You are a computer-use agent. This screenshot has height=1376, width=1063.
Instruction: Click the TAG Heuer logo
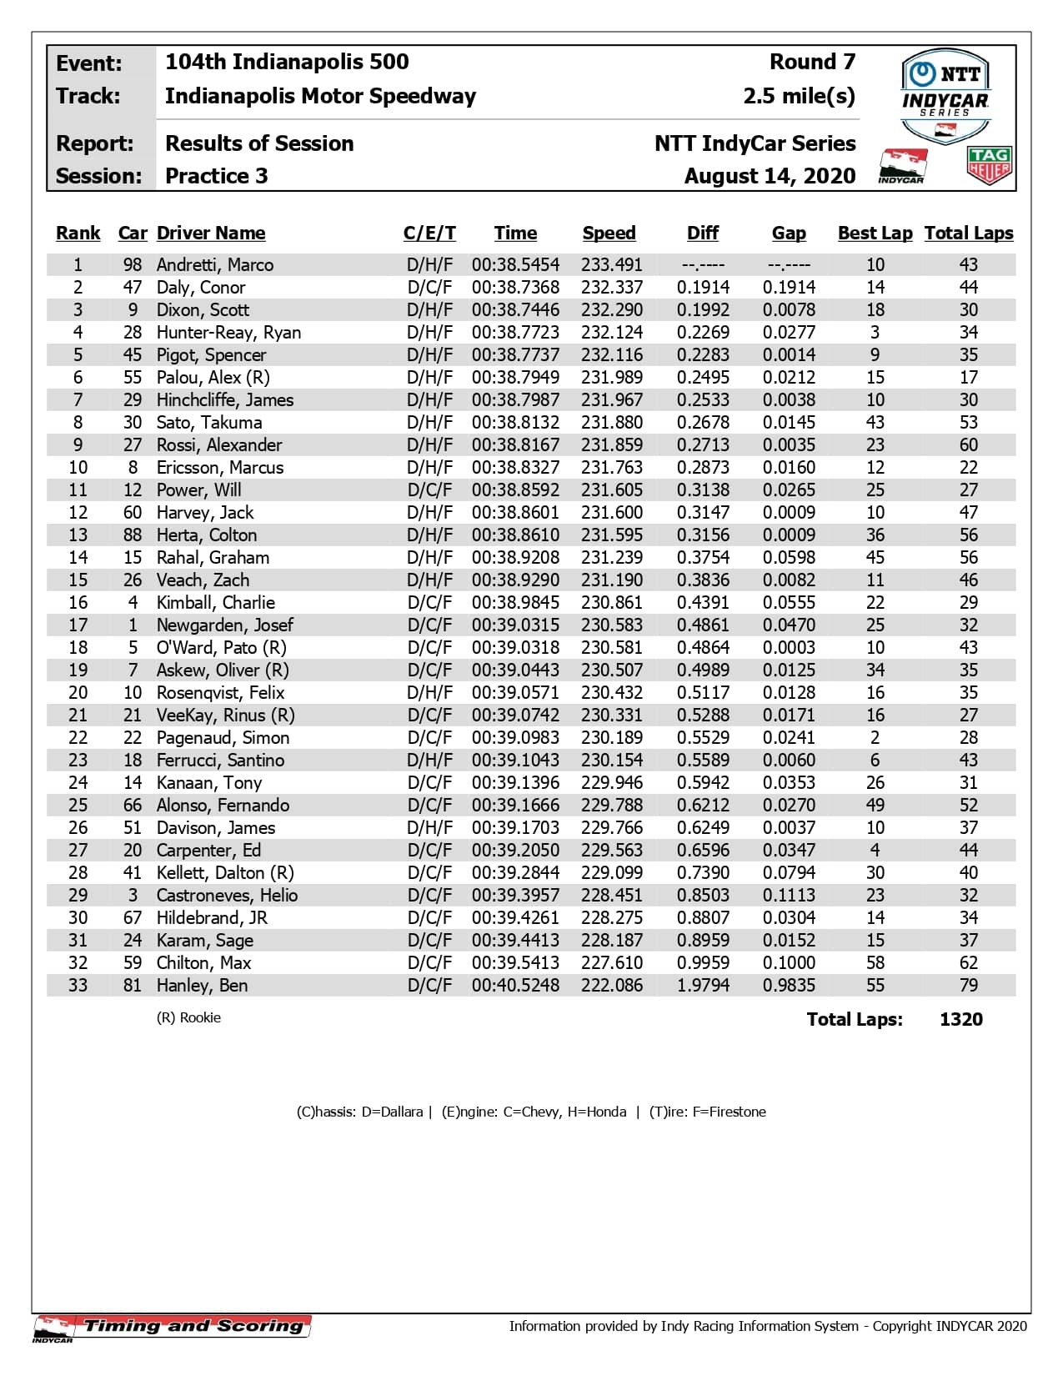click(x=989, y=165)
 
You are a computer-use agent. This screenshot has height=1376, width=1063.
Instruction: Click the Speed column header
click(x=609, y=234)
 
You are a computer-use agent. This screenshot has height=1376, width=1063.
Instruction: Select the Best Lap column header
click(x=875, y=234)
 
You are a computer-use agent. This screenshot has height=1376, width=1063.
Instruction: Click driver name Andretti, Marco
click(x=215, y=265)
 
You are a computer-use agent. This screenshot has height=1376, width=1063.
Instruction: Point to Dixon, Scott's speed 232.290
click(x=612, y=310)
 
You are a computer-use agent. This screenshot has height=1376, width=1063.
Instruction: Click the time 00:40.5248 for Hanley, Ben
click(x=515, y=986)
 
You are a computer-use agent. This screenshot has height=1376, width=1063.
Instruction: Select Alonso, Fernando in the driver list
click(x=223, y=806)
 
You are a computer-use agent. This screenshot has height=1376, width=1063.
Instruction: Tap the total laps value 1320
click(x=960, y=1020)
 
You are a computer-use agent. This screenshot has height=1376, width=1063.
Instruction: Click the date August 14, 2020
click(x=770, y=176)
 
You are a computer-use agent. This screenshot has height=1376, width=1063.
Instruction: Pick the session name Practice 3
click(x=217, y=176)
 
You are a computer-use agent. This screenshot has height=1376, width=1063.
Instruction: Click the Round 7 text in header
click(x=812, y=63)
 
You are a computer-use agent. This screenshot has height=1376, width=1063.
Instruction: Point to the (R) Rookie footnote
click(x=188, y=1018)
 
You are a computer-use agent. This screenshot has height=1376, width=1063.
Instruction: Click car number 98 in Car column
click(x=133, y=265)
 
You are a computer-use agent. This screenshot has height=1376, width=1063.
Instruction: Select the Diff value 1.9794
click(x=703, y=986)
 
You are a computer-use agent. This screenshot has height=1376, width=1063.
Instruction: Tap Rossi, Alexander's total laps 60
click(x=968, y=445)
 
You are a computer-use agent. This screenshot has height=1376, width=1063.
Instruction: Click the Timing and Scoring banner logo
click(x=173, y=1326)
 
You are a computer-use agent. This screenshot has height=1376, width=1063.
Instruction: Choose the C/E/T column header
click(x=429, y=234)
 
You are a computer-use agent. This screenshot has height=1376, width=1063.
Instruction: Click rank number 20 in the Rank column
click(x=78, y=693)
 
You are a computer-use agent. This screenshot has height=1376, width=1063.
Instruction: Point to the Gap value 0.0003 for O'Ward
click(x=789, y=648)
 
